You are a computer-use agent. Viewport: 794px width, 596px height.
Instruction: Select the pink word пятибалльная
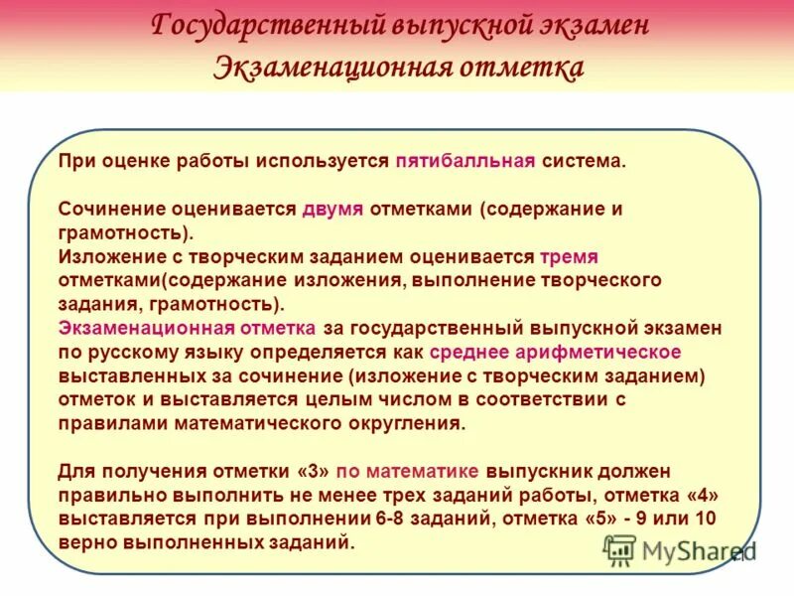point(465,161)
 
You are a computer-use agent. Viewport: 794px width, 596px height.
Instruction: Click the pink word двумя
point(333,210)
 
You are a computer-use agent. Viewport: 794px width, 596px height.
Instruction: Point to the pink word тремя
point(570,256)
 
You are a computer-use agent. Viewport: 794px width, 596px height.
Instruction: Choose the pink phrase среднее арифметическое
point(555,352)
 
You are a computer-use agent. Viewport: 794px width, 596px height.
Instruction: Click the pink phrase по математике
point(408,470)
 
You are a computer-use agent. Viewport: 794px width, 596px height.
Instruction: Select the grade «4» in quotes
point(700,494)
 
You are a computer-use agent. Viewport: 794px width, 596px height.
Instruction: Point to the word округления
point(412,422)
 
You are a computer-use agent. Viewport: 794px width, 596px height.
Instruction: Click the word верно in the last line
point(85,541)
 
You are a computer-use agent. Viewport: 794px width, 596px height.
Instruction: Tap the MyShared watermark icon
point(620,549)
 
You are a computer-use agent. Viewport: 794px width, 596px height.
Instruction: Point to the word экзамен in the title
point(592,26)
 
